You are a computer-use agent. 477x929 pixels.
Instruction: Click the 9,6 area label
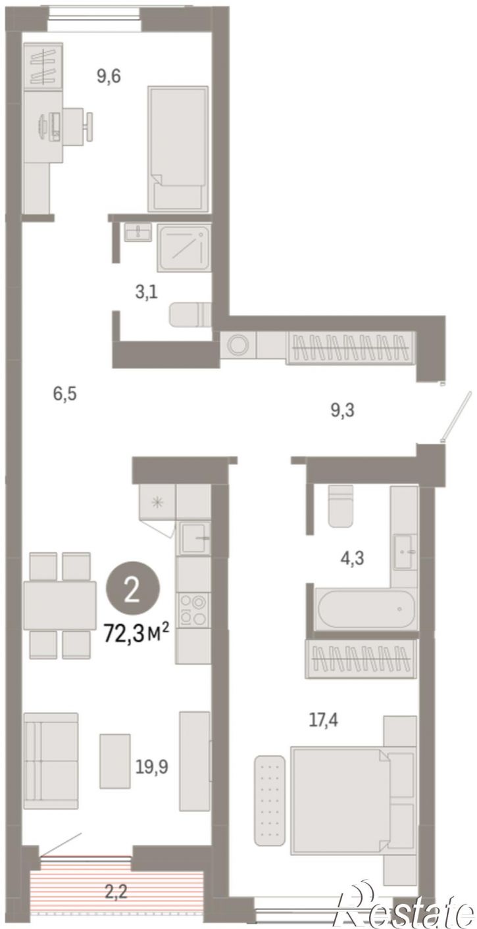(x=109, y=76)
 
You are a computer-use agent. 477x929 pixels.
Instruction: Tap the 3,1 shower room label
(x=146, y=293)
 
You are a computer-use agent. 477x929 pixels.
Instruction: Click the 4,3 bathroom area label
(x=352, y=558)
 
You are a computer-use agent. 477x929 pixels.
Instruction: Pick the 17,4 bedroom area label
(x=324, y=721)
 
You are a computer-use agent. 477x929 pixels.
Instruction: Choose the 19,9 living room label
(x=152, y=767)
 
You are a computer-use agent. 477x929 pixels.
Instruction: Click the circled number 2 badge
(x=133, y=592)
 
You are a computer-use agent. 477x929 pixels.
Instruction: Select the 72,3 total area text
(x=136, y=633)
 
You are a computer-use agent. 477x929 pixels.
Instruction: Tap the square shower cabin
(x=184, y=248)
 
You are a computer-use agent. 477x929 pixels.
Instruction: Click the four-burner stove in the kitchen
(x=193, y=609)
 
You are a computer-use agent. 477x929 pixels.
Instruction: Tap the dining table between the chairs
(x=60, y=606)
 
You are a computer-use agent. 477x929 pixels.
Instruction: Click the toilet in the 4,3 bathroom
(x=340, y=506)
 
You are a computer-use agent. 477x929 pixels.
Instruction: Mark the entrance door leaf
(x=457, y=414)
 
